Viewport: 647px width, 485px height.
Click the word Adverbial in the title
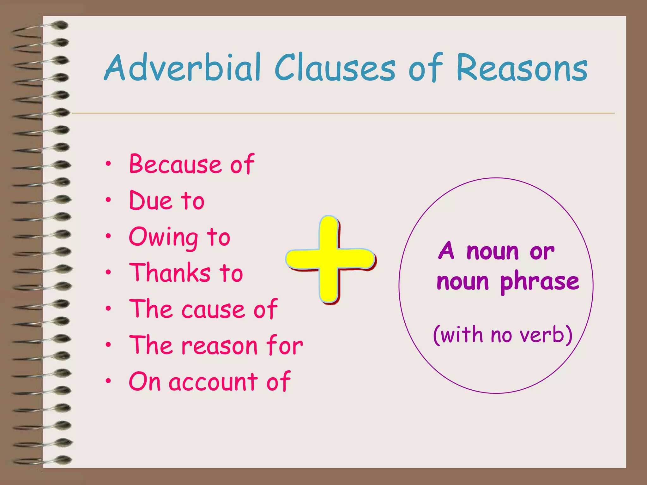tap(183, 68)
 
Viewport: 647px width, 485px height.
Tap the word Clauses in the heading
tap(335, 68)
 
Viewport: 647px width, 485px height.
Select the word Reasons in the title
tap(522, 68)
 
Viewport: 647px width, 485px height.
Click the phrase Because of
tap(191, 164)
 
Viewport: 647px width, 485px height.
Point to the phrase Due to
tap(167, 201)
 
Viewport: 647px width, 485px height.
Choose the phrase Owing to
tap(179, 237)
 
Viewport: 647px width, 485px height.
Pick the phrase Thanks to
tap(186, 273)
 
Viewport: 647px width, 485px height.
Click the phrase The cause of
tap(203, 309)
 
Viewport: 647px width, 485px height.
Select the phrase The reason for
tap(216, 345)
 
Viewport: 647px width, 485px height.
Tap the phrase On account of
tap(209, 381)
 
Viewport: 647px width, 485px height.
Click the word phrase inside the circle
tap(540, 281)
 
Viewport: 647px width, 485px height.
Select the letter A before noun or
tap(447, 251)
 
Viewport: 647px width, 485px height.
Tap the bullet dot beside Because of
tap(108, 164)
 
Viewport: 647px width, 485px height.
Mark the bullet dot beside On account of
tap(108, 381)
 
